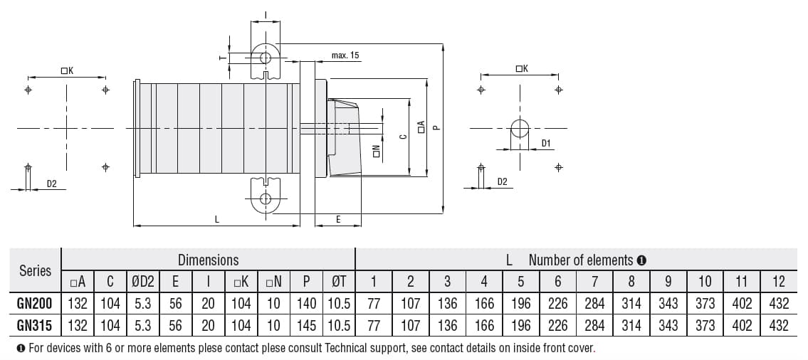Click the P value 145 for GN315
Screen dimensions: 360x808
point(306,325)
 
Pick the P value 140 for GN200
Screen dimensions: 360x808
point(306,303)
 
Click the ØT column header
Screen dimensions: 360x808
point(339,282)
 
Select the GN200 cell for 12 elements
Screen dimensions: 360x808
point(779,303)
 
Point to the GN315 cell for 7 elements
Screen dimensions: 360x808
point(594,325)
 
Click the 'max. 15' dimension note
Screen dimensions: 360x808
point(345,55)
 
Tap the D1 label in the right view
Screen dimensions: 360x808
point(546,144)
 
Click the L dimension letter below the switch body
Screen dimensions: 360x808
point(216,220)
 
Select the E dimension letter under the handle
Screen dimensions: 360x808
point(338,220)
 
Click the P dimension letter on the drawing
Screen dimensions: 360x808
point(437,128)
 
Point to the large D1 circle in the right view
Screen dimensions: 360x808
point(520,128)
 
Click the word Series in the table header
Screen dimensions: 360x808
point(35,270)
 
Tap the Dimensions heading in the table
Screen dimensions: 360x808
point(208,260)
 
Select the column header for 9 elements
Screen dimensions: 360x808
point(668,282)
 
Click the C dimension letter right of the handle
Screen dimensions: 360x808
point(402,137)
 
